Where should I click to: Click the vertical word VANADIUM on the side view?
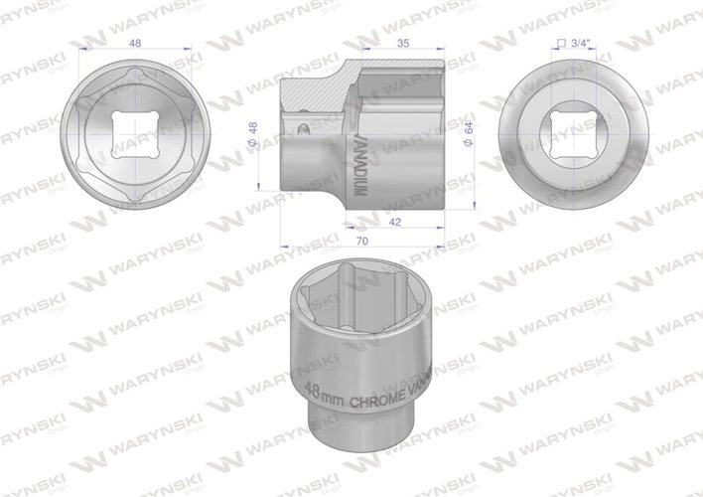359,154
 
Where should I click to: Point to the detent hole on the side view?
303,127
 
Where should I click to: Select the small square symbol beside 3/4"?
561,44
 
